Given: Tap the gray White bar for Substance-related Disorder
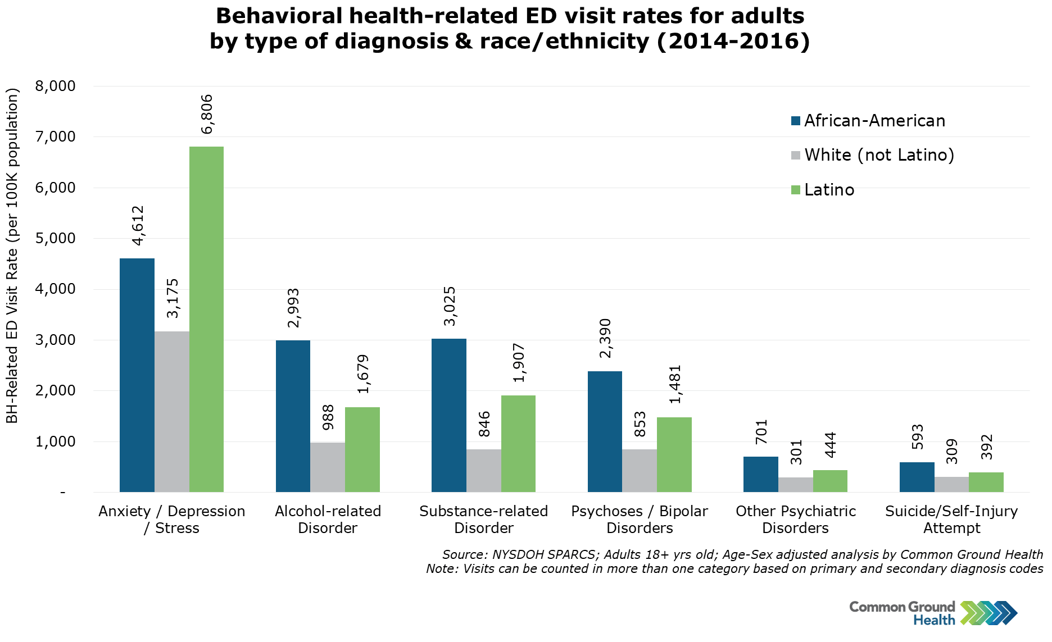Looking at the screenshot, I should coord(483,471).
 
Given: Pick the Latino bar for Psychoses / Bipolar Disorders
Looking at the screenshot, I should coord(674,454).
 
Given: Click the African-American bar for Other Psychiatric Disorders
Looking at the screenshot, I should coord(760,474).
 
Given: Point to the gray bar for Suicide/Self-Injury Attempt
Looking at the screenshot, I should coord(951,484).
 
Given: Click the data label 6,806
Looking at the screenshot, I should coord(207,115).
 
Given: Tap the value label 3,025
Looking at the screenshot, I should coord(450,306).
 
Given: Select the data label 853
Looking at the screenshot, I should coord(640,425).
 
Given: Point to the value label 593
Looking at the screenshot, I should coord(917,438).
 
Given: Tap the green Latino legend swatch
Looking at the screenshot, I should coord(796,190).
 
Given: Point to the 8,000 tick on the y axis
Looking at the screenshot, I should coord(55,86).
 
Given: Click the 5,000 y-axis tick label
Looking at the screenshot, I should coord(55,238).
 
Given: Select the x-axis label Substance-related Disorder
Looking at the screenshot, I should coord(483,520).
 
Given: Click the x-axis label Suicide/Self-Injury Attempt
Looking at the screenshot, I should coord(951,520).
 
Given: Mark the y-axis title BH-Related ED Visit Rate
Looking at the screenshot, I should coord(12,256).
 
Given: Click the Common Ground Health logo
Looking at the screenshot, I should coord(933,613).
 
